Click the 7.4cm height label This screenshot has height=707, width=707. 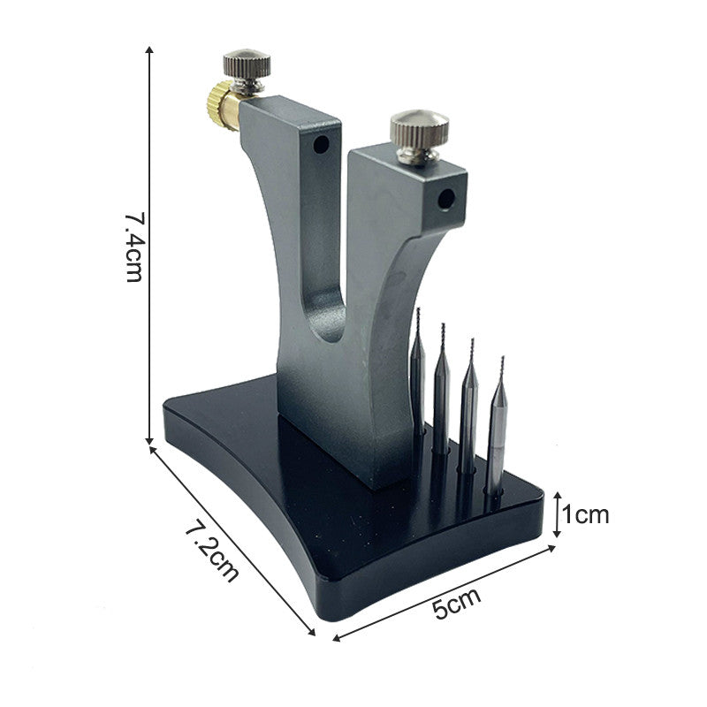point(133,246)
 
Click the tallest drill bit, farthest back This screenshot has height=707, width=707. point(417,371)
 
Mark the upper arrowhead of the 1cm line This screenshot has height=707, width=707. point(557,498)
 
